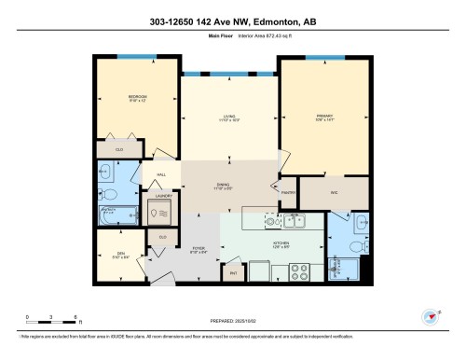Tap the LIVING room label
pyautogui.click(x=227, y=117)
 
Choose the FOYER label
pyautogui.click(x=198, y=249)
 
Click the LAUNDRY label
pyautogui.click(x=162, y=196)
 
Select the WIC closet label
pyautogui.click(x=333, y=193)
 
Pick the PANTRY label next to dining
pyautogui.click(x=287, y=193)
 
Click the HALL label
pyautogui.click(x=160, y=174)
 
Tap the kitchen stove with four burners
pyautogui.click(x=301, y=271)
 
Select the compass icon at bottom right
pyautogui.click(x=431, y=317)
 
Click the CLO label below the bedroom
pyautogui.click(x=118, y=149)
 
